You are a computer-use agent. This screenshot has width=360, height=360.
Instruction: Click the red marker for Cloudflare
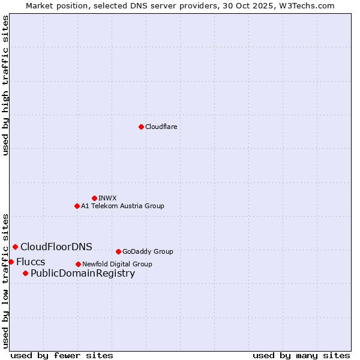(141, 127)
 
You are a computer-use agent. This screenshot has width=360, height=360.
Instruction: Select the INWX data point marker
(94, 198)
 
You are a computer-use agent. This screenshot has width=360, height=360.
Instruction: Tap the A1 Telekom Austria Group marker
(77, 206)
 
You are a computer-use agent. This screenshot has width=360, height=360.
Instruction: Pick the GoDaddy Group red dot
(118, 251)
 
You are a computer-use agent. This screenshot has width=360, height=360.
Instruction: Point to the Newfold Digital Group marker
(78, 264)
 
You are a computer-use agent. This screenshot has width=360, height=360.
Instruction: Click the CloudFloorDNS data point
(15, 247)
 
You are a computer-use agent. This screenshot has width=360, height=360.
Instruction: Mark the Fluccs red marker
(11, 262)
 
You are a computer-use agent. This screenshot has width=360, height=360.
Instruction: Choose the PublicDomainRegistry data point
(25, 274)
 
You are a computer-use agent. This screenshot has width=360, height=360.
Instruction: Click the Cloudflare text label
(161, 127)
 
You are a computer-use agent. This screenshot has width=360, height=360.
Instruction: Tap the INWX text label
(107, 198)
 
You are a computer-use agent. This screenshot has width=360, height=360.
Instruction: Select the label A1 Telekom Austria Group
(122, 206)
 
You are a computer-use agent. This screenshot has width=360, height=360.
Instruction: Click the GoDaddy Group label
(148, 251)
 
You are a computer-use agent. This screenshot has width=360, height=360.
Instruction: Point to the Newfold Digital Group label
(117, 264)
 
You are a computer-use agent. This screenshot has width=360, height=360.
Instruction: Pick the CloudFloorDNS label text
(56, 247)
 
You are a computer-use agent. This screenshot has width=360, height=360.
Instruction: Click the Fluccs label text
(31, 262)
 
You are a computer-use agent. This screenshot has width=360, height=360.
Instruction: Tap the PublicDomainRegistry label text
(83, 274)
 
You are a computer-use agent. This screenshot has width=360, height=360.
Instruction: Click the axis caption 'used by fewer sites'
(62, 355)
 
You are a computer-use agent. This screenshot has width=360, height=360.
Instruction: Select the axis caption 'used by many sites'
(301, 355)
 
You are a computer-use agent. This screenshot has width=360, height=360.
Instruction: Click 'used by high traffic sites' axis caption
(5, 85)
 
